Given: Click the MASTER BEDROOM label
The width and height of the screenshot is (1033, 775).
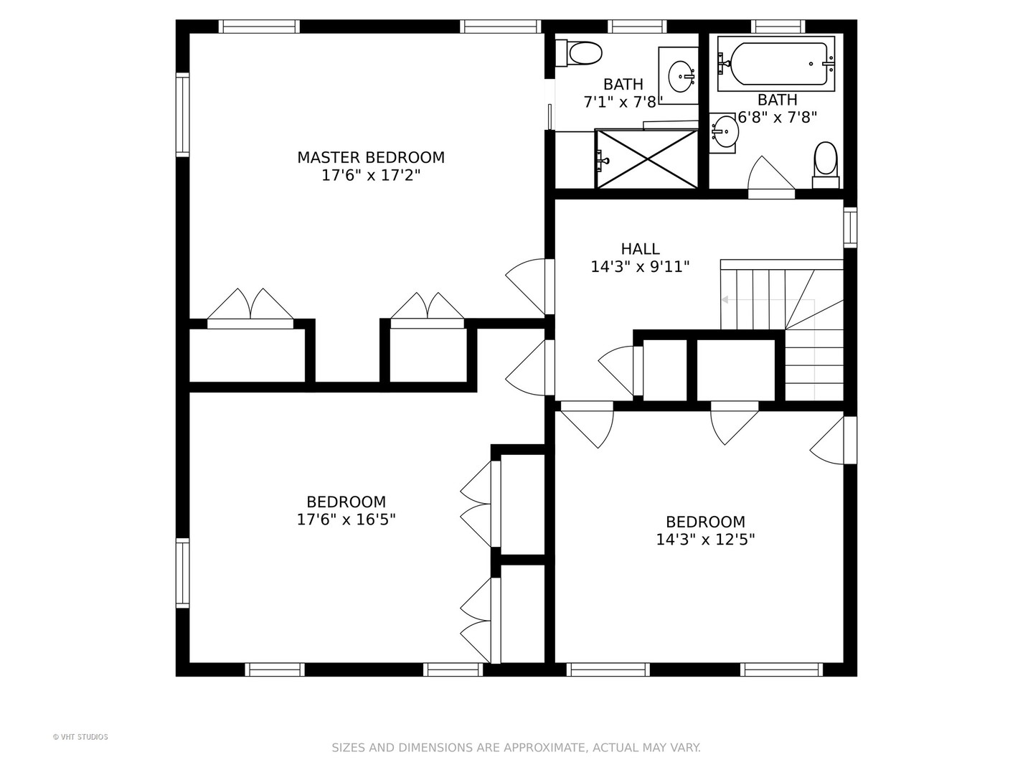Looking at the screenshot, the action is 371,157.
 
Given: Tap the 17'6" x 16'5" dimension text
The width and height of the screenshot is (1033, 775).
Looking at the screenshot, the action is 346,520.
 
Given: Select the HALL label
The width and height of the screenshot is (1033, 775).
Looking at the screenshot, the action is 640,248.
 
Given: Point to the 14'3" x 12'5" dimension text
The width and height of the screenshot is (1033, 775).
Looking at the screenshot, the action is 705,539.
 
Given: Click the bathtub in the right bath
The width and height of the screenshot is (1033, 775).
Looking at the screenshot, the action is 776,64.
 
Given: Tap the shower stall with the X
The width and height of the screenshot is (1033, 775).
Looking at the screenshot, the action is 646,159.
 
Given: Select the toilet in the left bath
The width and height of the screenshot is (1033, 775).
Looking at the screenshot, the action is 579,53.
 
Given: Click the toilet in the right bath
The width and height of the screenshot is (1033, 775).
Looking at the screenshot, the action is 826,165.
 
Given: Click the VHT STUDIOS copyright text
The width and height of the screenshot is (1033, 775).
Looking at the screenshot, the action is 80,737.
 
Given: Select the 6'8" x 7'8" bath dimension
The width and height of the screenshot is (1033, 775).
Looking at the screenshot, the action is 777,117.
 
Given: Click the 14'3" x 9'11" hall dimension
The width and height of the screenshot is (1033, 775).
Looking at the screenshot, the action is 640,267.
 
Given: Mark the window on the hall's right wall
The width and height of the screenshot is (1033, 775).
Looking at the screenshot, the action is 850,227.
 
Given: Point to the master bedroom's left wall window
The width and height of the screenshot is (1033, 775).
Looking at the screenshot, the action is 183,114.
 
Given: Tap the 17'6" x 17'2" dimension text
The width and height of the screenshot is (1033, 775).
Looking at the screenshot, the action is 371,176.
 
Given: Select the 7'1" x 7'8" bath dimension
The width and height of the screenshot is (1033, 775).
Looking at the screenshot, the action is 623,102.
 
